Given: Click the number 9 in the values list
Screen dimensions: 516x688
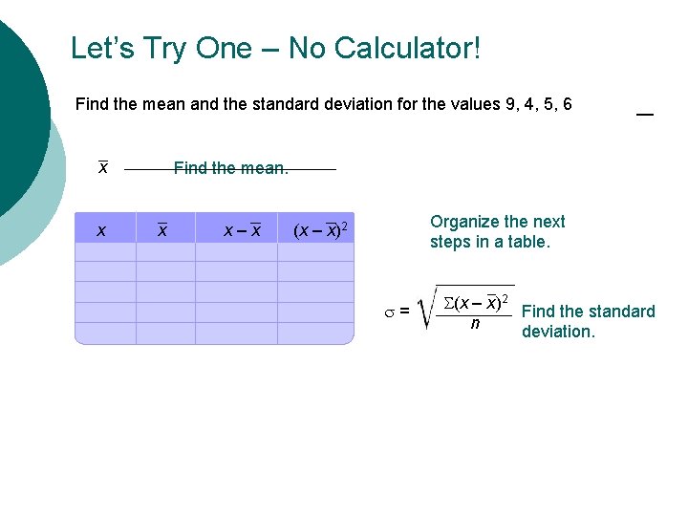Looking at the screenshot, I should (510, 104).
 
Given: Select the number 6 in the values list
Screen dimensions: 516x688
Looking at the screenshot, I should (568, 104).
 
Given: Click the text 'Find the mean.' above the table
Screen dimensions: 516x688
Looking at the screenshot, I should (230, 168).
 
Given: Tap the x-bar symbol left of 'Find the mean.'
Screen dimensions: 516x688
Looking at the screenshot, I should (103, 167).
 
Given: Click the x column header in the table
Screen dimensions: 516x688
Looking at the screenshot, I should (102, 230).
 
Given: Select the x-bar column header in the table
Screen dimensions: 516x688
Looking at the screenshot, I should (162, 230).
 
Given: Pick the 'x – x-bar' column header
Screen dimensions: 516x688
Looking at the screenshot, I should (242, 230).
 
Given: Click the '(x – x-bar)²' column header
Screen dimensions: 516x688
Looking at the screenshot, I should (319, 229).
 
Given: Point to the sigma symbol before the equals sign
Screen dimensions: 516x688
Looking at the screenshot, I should (391, 311).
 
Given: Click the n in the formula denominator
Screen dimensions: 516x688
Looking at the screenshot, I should (475, 324).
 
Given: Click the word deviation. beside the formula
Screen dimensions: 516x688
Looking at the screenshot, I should (558, 332).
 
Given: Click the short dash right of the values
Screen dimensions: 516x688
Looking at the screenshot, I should (645, 115).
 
